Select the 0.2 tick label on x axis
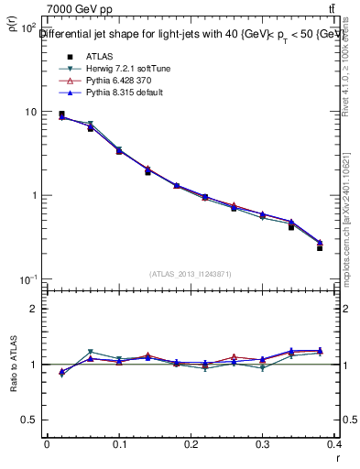(191, 444)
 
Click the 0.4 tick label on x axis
(335, 444)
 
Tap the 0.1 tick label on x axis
(119, 444)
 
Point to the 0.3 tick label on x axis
(264, 444)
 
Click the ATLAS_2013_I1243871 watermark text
(191, 274)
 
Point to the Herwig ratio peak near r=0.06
(90, 352)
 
